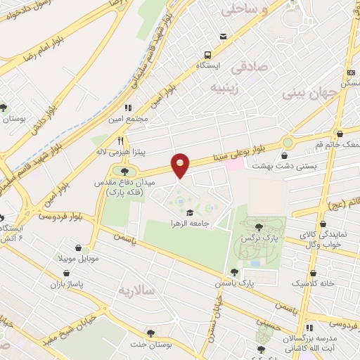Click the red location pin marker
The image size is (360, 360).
181,165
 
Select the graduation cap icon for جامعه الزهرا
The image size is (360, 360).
189,212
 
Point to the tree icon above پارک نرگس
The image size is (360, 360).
260,226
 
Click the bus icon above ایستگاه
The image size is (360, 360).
207,54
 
